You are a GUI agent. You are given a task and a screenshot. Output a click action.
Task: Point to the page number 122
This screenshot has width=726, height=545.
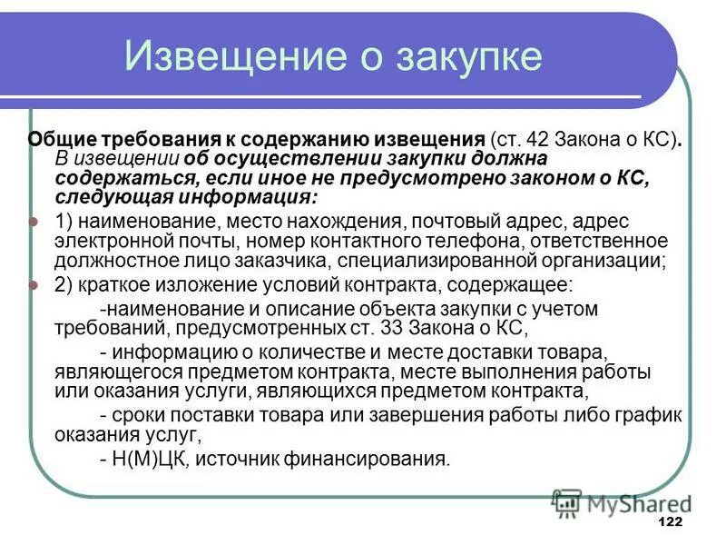(x=669, y=522)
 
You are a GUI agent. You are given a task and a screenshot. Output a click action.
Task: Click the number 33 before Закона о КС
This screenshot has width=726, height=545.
(x=357, y=327)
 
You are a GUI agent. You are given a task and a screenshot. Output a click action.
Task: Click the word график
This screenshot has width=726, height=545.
(x=647, y=414)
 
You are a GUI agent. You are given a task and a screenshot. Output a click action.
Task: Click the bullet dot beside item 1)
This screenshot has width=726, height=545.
(x=34, y=222)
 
